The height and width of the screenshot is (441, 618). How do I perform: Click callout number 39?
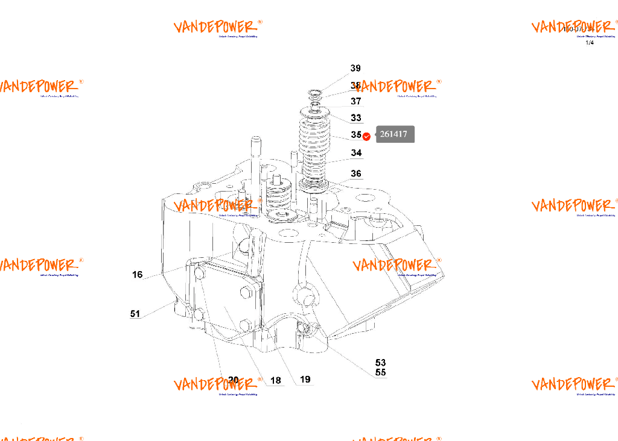click(355, 69)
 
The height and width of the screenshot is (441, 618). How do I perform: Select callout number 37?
click(356, 101)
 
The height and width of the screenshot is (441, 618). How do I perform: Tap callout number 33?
click(356, 118)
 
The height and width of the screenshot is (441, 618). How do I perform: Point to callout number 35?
click(356, 135)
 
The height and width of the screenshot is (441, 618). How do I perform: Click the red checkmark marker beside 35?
click(366, 136)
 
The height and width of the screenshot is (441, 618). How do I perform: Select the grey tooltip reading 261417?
click(395, 134)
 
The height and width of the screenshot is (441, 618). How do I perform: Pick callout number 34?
click(357, 153)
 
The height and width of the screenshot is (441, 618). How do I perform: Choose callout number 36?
click(356, 174)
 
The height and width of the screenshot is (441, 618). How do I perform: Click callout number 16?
click(138, 275)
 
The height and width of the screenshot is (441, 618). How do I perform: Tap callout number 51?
click(135, 313)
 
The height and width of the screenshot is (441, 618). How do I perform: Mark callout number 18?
click(276, 380)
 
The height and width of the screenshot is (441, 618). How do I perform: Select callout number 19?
click(305, 380)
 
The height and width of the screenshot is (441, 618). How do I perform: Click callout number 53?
click(380, 363)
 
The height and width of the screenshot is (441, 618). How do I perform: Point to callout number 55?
click(380, 372)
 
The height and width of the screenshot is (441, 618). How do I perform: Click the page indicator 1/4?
click(590, 42)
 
